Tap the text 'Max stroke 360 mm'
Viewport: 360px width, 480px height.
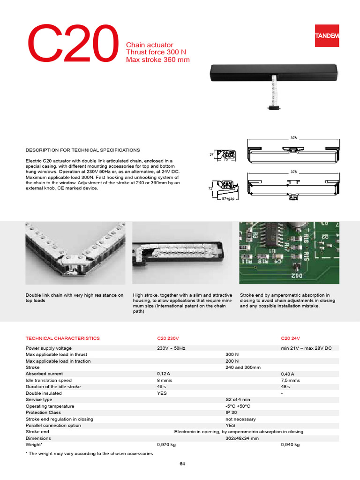pos(157,60)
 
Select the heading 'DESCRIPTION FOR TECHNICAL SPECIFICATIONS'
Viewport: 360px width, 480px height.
pos(82,150)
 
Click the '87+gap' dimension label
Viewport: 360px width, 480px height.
pos(228,199)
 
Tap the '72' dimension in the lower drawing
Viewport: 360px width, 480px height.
pos(211,188)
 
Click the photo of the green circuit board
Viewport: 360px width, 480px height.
pos(289,253)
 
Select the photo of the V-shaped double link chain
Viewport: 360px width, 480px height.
pos(75,253)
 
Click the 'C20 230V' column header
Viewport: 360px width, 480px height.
pos(168,338)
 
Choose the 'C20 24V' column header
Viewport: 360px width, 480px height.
pos(291,338)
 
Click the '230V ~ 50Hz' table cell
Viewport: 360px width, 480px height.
pos(172,348)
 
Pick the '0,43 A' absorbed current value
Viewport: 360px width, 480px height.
pos(288,374)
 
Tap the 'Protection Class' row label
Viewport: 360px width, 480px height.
pos(43,412)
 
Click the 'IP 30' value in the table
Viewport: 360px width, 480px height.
pos(232,412)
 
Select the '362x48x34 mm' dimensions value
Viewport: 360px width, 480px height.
pos(242,438)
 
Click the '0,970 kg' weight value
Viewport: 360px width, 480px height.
pos(166,445)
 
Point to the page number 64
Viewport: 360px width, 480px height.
pos(182,464)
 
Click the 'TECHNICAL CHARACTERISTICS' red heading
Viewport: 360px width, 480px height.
pos(62,338)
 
